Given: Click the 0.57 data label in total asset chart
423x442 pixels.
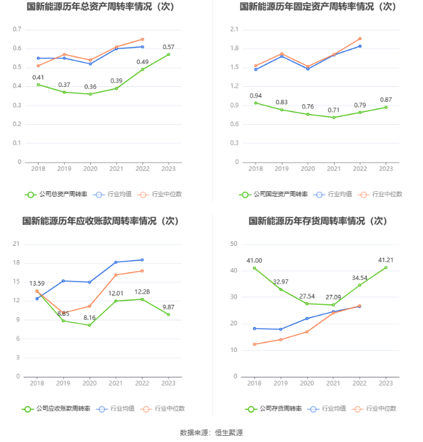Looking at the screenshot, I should click(168, 47).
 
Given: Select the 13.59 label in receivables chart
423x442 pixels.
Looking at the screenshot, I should click(37, 284).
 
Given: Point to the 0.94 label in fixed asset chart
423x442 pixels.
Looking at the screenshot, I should click(256, 96).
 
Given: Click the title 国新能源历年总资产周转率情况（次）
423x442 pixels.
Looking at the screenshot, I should click(100, 7).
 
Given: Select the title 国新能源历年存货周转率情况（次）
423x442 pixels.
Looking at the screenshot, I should click(317, 220).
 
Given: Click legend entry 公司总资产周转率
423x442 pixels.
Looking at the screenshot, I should click(56, 194).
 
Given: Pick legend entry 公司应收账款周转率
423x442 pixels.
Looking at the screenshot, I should click(56, 408).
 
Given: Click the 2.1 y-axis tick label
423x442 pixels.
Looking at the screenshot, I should click(235, 30).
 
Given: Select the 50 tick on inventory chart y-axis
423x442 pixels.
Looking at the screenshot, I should click(235, 244).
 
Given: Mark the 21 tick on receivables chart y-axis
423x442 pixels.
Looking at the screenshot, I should click(17, 244).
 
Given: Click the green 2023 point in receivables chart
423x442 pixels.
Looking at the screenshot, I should click(168, 314).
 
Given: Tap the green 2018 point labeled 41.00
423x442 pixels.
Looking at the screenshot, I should click(254, 268).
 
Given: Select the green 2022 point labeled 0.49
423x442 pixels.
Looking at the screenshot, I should click(142, 69).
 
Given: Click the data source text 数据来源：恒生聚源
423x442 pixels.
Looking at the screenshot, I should click(211, 432).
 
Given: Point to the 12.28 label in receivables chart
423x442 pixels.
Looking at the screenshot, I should click(142, 292).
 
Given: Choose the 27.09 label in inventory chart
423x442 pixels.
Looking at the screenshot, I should click(333, 297).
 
